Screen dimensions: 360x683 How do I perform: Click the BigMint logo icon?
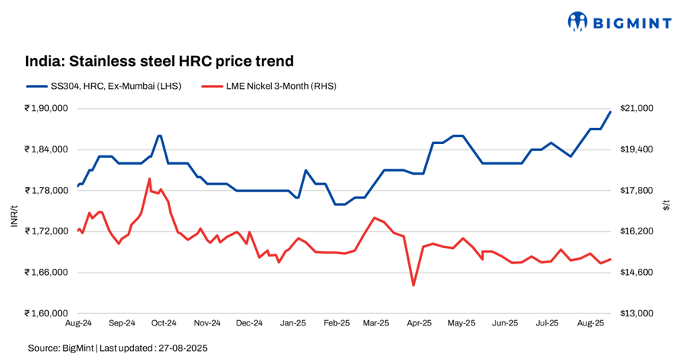click(x=577, y=21)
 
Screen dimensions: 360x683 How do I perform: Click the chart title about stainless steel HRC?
click(x=159, y=61)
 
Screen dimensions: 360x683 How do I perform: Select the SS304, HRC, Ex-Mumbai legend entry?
click(x=103, y=87)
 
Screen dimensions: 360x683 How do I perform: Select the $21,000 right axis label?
click(x=637, y=108)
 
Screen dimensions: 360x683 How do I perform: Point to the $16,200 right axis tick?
click(x=637, y=231)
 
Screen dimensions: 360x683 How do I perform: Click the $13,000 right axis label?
click(x=637, y=313)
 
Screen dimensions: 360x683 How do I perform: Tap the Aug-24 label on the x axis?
click(x=78, y=324)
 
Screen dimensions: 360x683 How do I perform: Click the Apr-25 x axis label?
click(x=418, y=324)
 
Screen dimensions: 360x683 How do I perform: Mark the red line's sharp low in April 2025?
click(x=413, y=286)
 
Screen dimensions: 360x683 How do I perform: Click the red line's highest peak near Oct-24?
click(x=149, y=178)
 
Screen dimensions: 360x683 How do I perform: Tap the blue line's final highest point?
click(x=610, y=112)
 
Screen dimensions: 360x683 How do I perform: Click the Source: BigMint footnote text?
click(x=118, y=348)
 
